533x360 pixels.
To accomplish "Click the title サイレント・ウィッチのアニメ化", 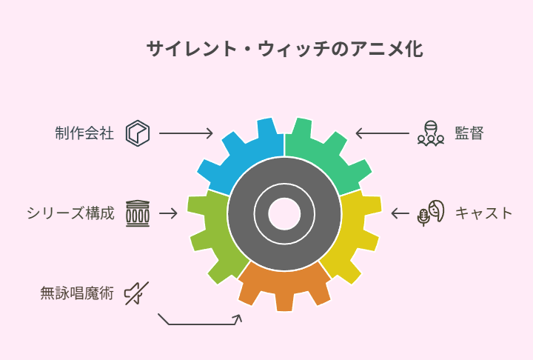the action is click(x=285, y=49).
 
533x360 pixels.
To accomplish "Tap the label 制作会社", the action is click(x=84, y=133).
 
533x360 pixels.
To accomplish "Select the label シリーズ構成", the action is click(x=70, y=213).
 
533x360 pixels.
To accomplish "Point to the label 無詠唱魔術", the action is click(x=77, y=293).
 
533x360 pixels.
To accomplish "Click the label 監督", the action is click(x=469, y=133).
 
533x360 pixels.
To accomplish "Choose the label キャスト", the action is click(x=483, y=213).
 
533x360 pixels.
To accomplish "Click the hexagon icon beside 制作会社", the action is click(x=138, y=133).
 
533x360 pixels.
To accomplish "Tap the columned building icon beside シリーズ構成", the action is click(x=138, y=213).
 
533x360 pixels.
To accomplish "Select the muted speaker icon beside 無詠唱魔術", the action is click(x=137, y=293).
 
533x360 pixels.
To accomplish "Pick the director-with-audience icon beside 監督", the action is click(x=431, y=133).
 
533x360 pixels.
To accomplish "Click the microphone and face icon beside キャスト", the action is click(x=431, y=213).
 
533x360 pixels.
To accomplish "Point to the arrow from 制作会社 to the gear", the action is click(x=186, y=133).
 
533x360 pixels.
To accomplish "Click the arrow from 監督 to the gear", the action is click(x=383, y=133).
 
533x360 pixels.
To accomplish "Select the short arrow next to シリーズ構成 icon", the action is click(x=168, y=213).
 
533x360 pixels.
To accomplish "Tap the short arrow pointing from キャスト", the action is click(x=400, y=213).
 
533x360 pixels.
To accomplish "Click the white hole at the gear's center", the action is click(x=284, y=213).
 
